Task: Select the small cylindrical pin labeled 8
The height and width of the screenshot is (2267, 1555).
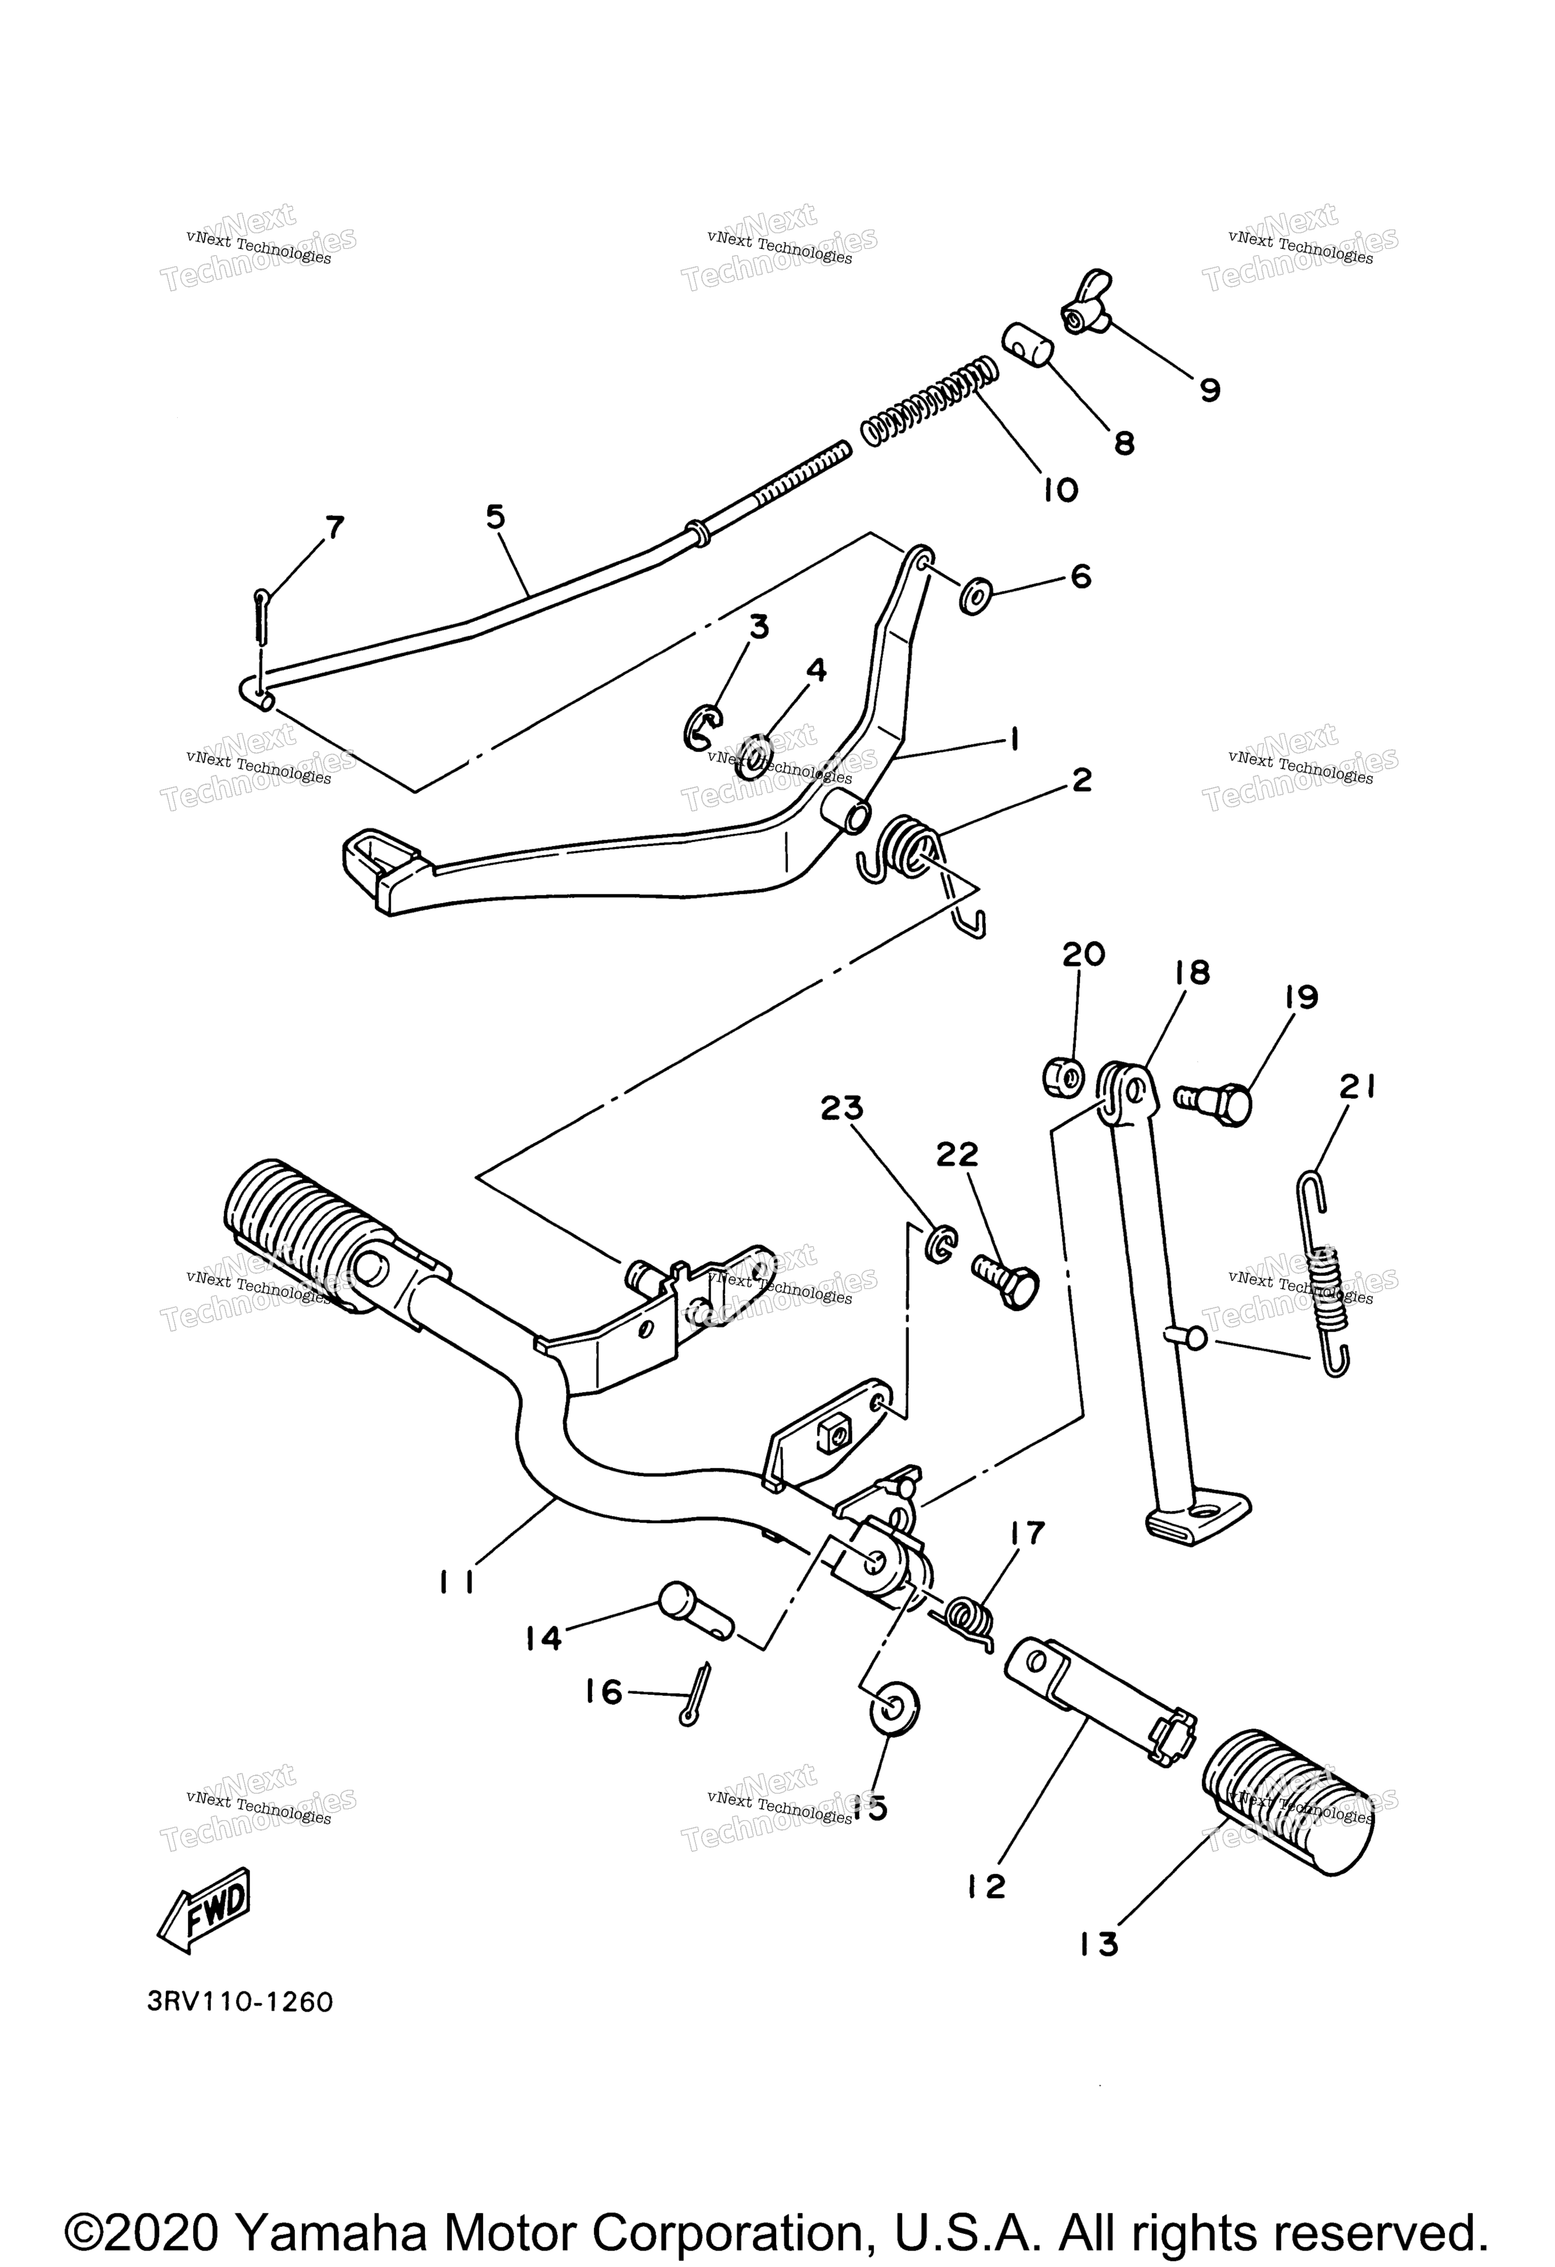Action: (x=1025, y=345)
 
